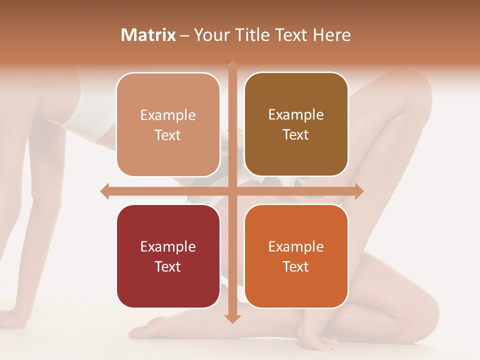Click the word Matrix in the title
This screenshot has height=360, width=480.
tap(148, 35)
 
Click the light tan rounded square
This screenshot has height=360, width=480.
tap(168, 124)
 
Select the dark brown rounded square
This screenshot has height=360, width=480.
tap(296, 124)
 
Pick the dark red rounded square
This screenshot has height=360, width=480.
tap(168, 256)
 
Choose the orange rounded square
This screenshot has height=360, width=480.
tap(296, 256)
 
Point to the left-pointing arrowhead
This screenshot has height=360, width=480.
tap(105, 191)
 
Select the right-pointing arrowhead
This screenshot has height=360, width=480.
tap(358, 191)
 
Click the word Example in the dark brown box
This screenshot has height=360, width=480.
tap(296, 115)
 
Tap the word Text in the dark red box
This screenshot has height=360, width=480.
tap(168, 266)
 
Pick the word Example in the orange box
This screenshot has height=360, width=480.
tap(296, 246)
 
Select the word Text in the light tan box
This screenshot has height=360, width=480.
tap(168, 135)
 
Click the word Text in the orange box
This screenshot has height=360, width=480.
tap(296, 266)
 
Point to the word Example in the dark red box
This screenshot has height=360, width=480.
tap(168, 246)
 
